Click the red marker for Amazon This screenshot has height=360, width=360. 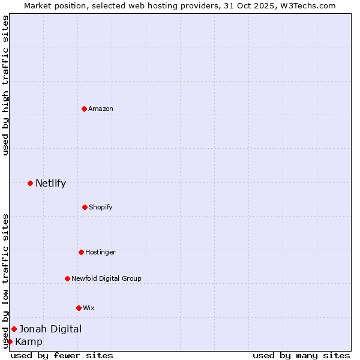(85, 109)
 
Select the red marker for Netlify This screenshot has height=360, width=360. (30, 183)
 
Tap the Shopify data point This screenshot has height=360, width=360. (85, 207)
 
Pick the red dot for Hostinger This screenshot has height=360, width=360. (81, 252)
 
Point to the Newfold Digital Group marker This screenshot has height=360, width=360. (67, 278)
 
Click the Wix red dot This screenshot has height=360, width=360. (79, 308)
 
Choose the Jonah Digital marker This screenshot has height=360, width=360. (14, 329)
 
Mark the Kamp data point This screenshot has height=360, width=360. (10, 342)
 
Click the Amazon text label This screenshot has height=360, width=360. (101, 109)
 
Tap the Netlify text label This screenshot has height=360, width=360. (50, 183)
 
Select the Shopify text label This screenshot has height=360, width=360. (101, 207)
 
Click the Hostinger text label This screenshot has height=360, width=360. (100, 252)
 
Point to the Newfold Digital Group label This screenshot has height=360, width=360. (106, 278)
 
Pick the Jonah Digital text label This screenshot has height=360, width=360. (50, 329)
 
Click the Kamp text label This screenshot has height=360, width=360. (29, 342)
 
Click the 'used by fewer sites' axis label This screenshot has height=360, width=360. (62, 355)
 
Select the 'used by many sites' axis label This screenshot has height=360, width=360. (301, 355)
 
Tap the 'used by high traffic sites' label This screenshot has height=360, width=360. (5, 85)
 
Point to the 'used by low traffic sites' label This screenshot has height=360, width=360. (5, 281)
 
